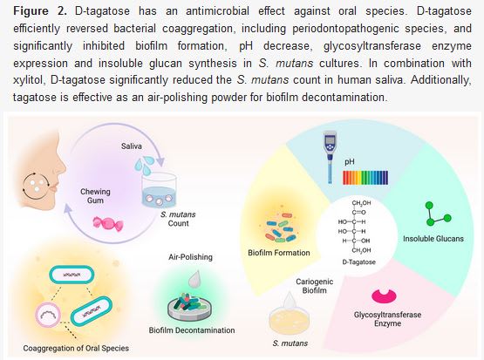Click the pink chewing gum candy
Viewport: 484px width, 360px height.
point(108,223)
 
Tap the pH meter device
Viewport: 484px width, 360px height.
point(330,157)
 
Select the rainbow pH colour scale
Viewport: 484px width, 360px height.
point(365,178)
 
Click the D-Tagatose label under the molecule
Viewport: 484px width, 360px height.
point(359,262)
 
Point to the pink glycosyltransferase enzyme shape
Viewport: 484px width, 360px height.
point(384,296)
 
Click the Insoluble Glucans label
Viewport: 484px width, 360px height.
point(433,239)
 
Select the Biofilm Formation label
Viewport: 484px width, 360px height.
point(279,253)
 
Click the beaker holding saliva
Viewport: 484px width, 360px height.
point(159,191)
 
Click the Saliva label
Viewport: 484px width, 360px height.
point(132,146)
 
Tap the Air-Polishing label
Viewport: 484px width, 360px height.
point(190,257)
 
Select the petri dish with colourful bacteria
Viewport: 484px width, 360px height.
point(189,306)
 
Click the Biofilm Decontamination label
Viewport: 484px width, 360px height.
point(192,330)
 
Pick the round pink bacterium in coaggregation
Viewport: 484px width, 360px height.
point(48,315)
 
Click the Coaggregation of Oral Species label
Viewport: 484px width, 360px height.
point(76,349)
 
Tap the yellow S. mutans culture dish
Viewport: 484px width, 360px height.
point(290,319)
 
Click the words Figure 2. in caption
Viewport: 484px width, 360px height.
point(40,11)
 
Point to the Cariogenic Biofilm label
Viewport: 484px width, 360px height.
point(315,286)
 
